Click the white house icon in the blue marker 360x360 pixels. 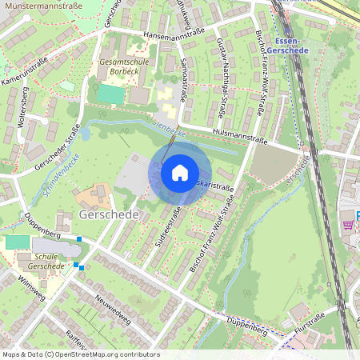(x=180, y=173)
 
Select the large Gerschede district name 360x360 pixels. (x=110, y=216)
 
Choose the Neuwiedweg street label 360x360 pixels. (x=113, y=306)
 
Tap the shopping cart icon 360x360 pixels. (x=347, y=225)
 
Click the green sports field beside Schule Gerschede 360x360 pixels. (x=16, y=242)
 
